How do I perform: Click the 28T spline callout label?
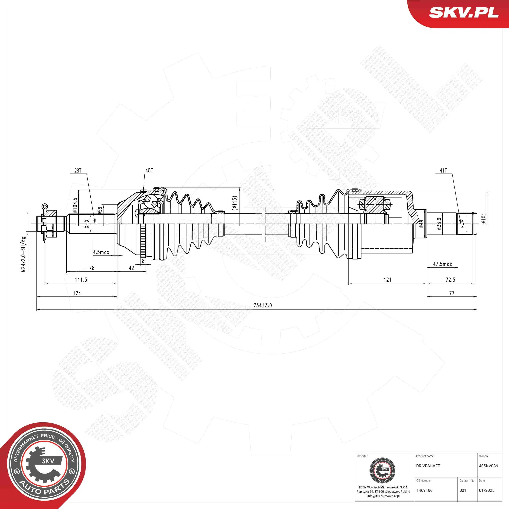coord(78,170)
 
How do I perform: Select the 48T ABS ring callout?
coord(149,170)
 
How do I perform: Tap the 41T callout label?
coord(443,170)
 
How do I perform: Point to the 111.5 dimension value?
coord(81,280)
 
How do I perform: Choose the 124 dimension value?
coord(77,293)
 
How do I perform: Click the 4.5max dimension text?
coord(101,252)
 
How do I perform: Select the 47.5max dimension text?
coord(442,264)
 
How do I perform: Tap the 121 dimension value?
coord(387,280)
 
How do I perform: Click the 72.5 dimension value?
coord(450,280)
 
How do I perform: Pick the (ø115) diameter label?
coord(235,203)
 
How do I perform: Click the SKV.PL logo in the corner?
coord(464,12)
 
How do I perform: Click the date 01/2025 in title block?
coord(487,490)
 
